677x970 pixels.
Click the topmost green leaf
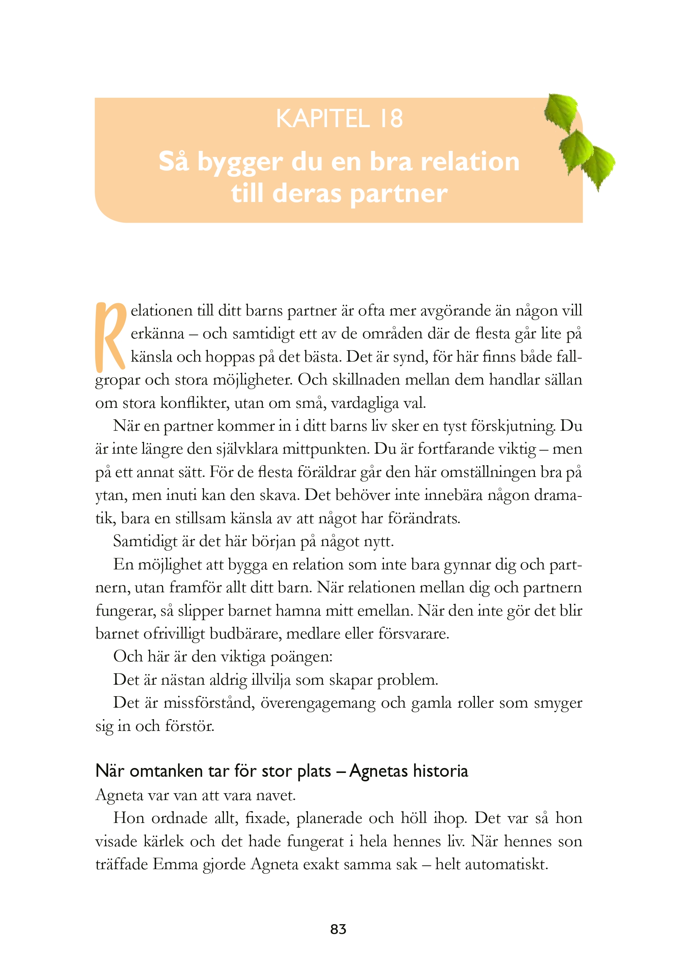561,111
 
